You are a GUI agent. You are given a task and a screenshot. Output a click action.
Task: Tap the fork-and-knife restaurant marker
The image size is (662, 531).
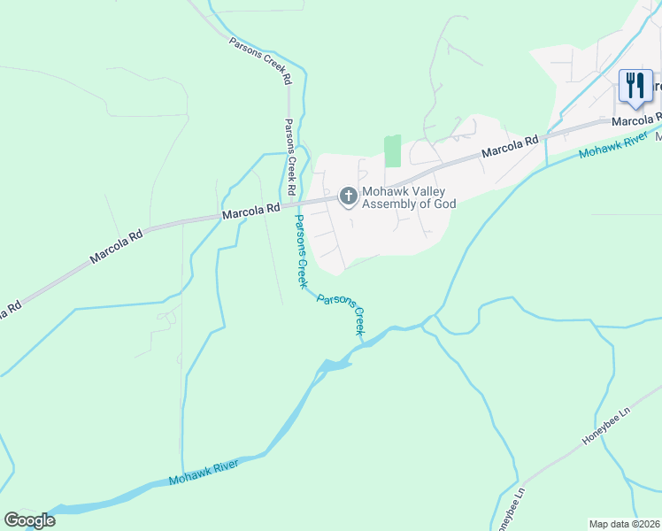635,86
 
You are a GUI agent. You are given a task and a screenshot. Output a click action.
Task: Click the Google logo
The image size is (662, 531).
29,520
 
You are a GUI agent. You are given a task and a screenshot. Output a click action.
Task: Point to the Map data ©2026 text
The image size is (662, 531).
624,523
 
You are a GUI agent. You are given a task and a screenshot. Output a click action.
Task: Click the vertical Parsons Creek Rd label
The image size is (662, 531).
289,158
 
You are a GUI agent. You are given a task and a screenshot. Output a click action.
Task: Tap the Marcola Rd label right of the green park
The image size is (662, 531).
511,147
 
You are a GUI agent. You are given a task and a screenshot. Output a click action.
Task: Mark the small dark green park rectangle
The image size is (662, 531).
392,150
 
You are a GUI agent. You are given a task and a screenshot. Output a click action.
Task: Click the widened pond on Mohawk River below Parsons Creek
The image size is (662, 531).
334,366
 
